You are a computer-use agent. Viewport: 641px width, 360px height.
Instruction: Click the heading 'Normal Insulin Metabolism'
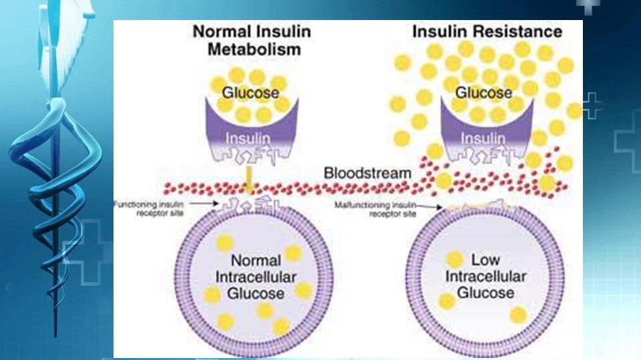252,40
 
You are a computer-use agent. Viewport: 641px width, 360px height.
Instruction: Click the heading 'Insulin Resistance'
487,31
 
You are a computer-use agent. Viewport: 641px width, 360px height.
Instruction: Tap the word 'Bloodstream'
367,173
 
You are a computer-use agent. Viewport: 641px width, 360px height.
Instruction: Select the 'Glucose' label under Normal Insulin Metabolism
250,93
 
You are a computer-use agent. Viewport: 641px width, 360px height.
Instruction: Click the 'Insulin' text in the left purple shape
249,138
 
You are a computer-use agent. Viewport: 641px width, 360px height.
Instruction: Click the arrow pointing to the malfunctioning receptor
431,206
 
